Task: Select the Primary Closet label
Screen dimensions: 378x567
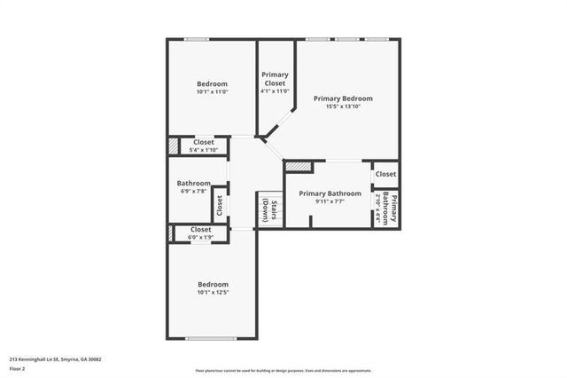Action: pos(276,79)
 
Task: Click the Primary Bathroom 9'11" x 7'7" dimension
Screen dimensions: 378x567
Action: pos(330,201)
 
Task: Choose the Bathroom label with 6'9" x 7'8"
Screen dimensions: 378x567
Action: pos(193,184)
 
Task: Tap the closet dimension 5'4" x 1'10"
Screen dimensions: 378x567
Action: pos(203,150)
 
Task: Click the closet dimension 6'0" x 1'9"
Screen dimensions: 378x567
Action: pos(200,237)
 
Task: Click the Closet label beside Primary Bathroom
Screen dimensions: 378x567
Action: pos(385,174)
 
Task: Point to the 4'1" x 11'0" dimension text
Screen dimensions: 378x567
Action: pos(276,91)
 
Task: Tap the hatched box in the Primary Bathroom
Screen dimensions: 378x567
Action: pos(298,166)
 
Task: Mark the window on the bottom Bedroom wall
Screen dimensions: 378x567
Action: pos(211,338)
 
